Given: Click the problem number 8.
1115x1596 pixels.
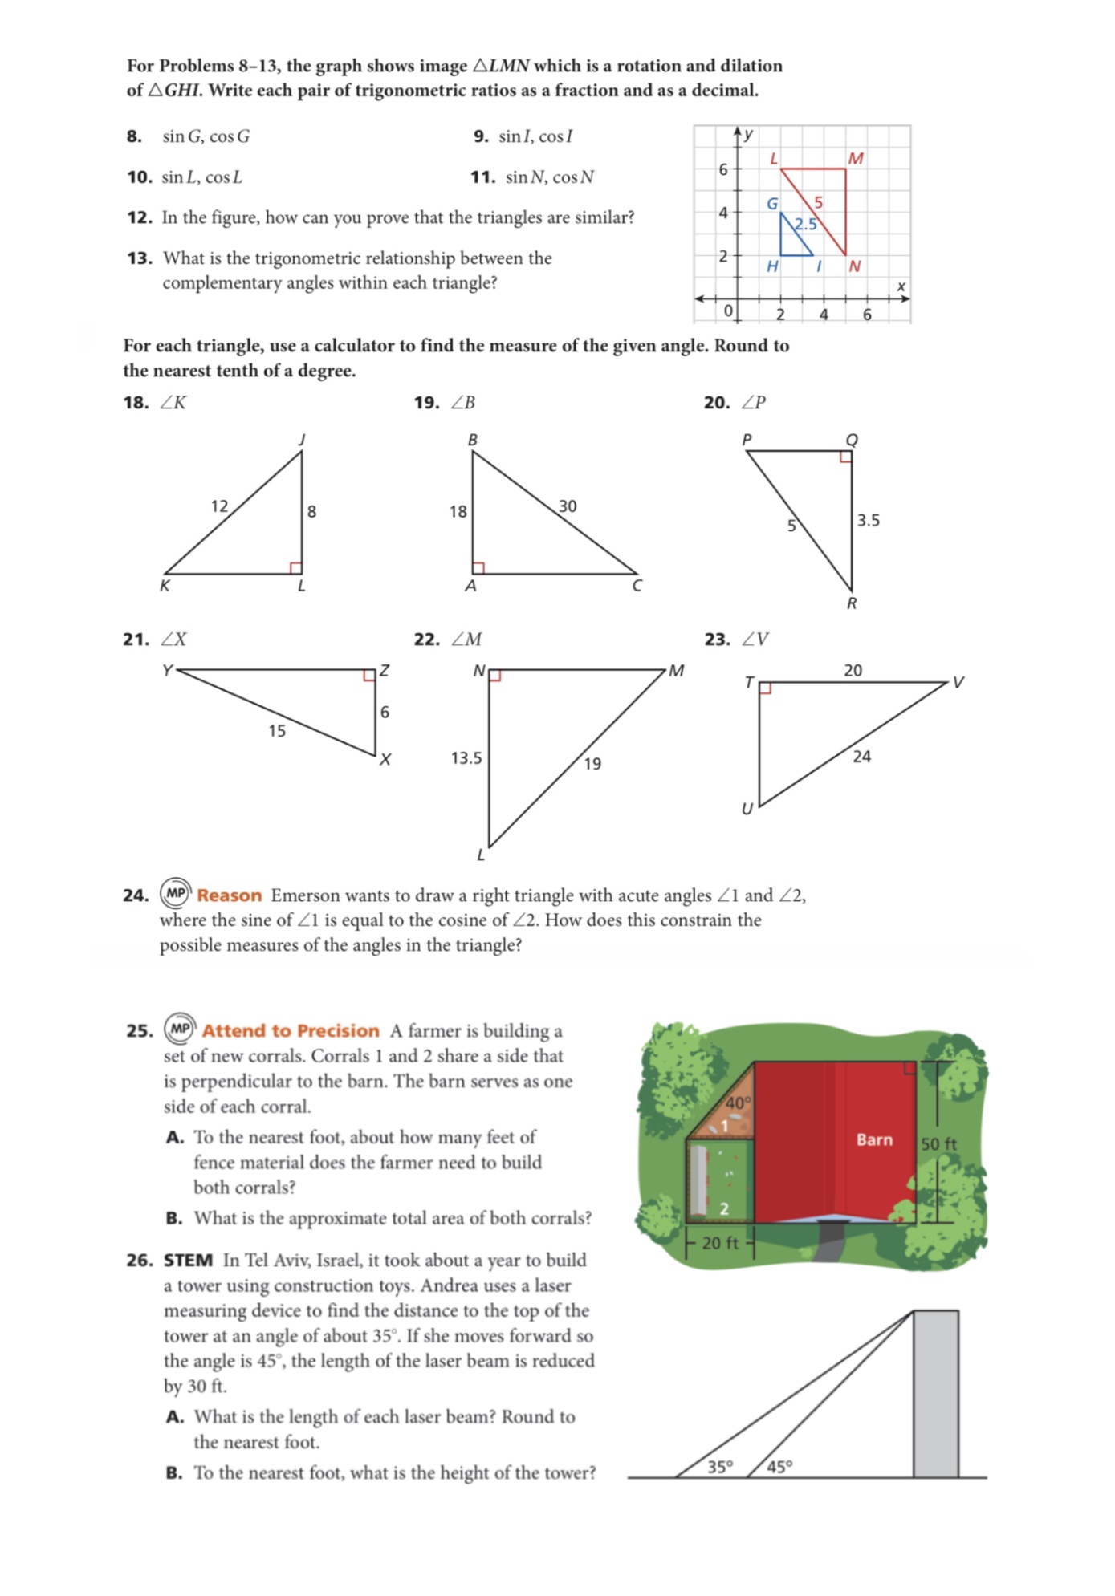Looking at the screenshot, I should coord(134,136).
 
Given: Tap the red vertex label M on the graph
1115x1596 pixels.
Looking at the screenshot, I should coord(856,159).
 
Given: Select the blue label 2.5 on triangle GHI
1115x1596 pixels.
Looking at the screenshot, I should coord(805,224).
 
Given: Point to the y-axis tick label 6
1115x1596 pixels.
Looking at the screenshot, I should coord(723,169).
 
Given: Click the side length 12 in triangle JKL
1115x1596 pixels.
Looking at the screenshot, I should coord(219,506).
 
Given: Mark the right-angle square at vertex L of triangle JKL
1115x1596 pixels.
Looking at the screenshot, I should coord(295,568).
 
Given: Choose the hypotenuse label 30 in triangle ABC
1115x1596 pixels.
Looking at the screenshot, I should coord(568,506).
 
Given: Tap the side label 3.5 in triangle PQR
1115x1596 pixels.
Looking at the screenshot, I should coord(868,521).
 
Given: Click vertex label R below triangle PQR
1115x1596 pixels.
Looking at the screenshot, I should coord(852,603).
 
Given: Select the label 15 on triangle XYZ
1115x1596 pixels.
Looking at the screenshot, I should coord(277,731).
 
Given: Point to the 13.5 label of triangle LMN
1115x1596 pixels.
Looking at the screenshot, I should coord(466,758).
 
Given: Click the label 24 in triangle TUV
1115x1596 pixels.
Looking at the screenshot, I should coord(861,757).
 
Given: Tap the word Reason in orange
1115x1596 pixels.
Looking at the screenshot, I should coord(230,895).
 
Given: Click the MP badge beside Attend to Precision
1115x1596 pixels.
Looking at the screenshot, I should coord(180,1029).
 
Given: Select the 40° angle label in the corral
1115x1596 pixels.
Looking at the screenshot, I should coord(738,1103).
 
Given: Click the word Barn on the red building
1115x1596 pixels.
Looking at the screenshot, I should coord(874,1139).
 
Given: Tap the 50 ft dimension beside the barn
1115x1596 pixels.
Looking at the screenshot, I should coord(938,1144).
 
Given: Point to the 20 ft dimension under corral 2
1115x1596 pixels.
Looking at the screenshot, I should coord(719,1243).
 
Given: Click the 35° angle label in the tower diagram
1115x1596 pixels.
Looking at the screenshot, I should coord(720,1467).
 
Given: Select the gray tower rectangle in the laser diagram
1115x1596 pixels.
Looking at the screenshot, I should coord(935,1394).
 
